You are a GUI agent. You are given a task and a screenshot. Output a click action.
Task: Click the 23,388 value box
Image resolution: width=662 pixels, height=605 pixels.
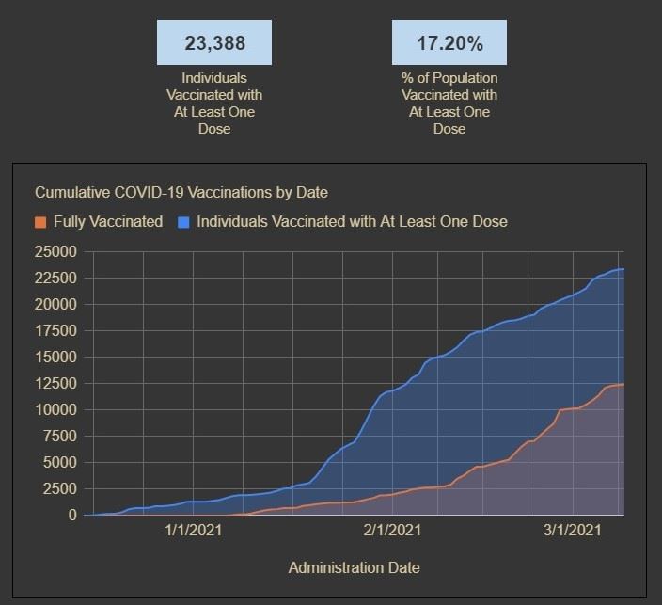coord(214,42)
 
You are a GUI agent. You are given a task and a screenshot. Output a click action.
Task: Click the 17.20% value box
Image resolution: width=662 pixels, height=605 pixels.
coord(449,42)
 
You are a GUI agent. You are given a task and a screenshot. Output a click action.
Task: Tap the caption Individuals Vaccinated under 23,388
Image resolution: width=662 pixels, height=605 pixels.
coord(214,103)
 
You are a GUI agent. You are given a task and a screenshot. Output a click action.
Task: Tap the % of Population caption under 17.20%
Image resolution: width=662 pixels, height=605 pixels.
coord(449,103)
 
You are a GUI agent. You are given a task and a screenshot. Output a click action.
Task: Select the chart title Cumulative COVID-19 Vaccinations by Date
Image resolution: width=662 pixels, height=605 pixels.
coord(181,192)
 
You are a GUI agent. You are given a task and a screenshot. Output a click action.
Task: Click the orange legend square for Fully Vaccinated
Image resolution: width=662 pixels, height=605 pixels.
coord(40,222)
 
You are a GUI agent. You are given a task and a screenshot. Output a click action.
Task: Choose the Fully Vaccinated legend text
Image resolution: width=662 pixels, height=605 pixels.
coord(108,222)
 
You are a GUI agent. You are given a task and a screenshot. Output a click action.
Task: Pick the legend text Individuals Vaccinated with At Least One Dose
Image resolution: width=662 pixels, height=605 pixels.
coord(352,222)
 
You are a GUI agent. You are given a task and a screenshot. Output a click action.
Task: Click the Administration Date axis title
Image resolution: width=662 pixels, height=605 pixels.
coord(354,567)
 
